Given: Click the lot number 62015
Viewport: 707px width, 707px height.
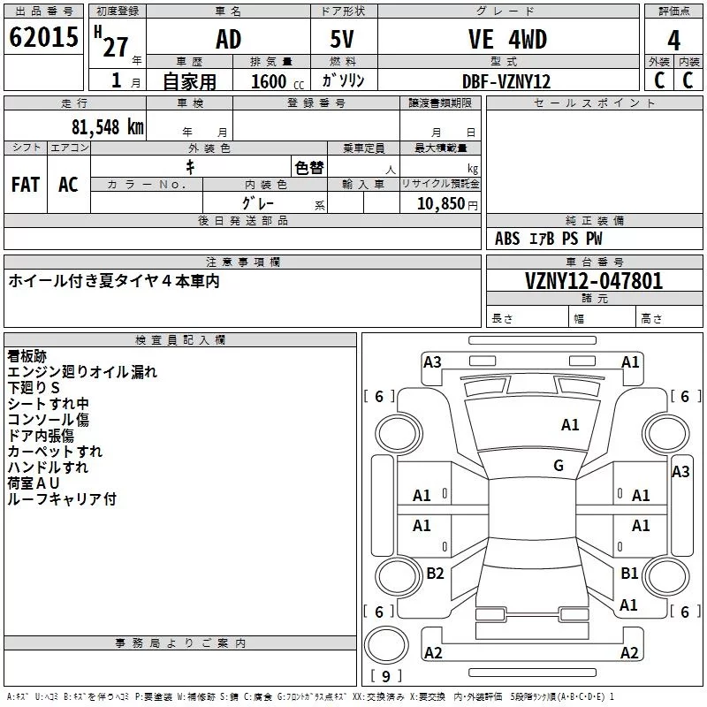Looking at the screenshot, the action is tap(43, 38).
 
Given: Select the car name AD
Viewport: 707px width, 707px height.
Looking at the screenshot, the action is tap(228, 39).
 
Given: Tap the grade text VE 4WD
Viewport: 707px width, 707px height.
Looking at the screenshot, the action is tap(507, 39).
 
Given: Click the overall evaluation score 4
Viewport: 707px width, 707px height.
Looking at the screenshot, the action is tap(673, 40).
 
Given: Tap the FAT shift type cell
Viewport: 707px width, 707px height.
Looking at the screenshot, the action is tap(25, 184).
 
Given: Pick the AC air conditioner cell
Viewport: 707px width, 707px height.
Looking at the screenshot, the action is tap(68, 184).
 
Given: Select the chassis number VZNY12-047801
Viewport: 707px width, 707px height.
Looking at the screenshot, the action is tap(594, 281).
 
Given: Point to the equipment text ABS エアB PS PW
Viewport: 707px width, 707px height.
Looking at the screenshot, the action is tap(549, 239).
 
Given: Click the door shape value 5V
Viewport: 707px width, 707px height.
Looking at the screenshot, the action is tap(344, 39).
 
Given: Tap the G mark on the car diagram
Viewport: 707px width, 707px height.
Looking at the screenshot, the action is tap(559, 465).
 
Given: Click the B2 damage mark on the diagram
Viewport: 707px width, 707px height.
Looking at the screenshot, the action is tap(435, 574).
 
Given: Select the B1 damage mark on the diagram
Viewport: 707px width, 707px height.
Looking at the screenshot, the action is tap(628, 574).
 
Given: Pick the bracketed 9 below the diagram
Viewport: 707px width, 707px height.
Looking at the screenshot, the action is tap(386, 676).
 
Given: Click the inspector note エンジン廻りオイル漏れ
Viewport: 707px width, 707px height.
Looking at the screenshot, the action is tap(82, 372).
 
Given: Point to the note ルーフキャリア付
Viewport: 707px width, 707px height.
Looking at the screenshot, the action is tap(62, 499).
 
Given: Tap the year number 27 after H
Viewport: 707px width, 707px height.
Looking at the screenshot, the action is tap(116, 46).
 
